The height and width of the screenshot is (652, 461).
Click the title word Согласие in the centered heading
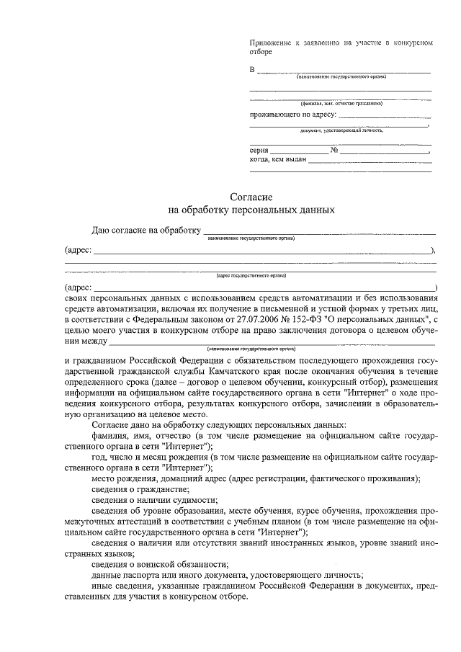click(251, 197)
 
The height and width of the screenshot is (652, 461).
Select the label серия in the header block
click(259, 150)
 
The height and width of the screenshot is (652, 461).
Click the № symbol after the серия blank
click(334, 150)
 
